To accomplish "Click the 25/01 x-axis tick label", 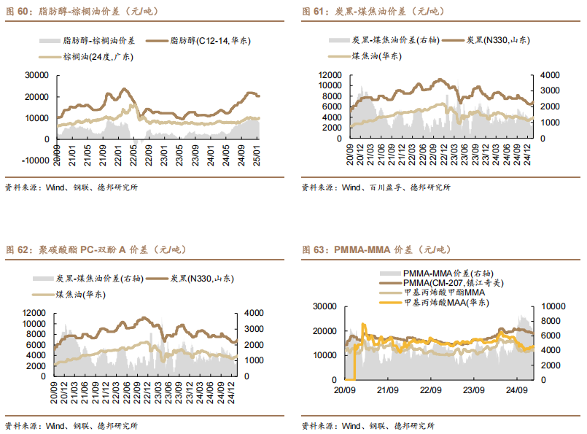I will [257, 156].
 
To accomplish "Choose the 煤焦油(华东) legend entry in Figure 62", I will [79, 294].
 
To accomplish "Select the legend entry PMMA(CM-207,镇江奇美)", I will [452, 282].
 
